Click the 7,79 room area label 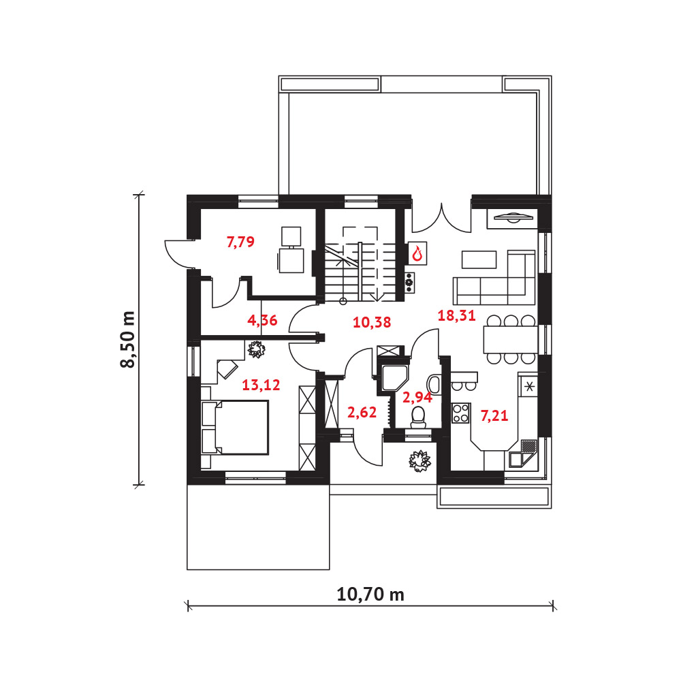point(240,242)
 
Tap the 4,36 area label point(262,320)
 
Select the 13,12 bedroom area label point(261,385)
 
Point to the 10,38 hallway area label point(372,322)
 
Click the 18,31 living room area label point(456,315)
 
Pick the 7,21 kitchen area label point(494,415)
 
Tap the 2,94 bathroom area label point(417,397)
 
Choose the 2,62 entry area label point(362,412)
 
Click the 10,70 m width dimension point(370,594)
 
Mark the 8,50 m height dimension point(128,340)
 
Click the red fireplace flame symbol point(417,253)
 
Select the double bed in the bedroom point(235,428)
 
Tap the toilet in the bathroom point(418,416)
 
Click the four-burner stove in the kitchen point(461,413)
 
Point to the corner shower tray point(394,378)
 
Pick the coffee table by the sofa point(479,259)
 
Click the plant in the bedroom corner point(256,349)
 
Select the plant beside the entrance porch point(419,461)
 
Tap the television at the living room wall point(513,217)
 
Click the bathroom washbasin point(434,384)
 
